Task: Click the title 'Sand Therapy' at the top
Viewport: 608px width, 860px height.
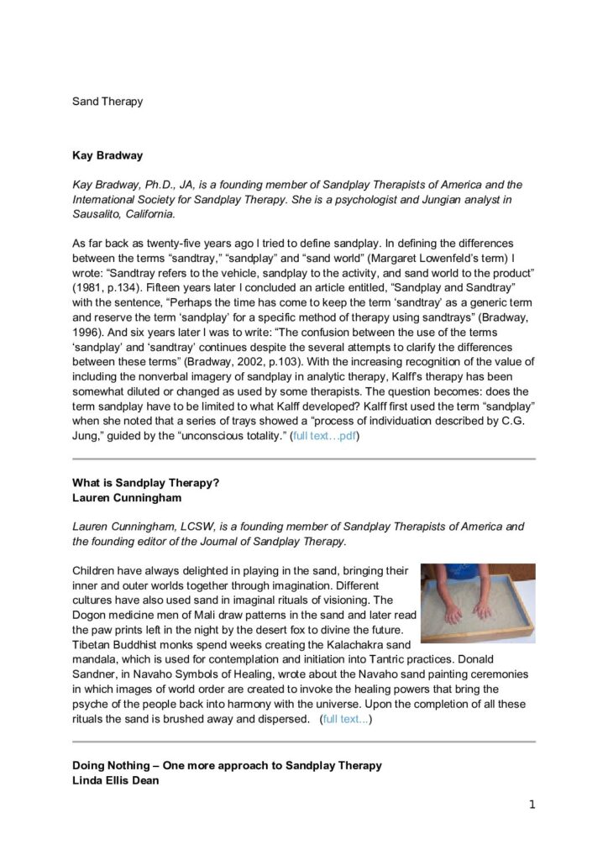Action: [x=107, y=102]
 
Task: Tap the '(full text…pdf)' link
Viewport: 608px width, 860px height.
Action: [x=325, y=437]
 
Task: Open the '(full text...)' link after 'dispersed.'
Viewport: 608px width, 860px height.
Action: [x=347, y=720]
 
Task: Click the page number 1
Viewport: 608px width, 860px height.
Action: [x=532, y=805]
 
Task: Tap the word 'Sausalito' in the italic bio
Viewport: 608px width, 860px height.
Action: [x=99, y=214]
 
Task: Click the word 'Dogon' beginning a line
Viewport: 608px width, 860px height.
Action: [x=90, y=614]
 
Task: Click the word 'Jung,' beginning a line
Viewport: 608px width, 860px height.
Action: [x=86, y=437]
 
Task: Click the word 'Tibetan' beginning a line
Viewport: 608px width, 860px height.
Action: [x=92, y=644]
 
